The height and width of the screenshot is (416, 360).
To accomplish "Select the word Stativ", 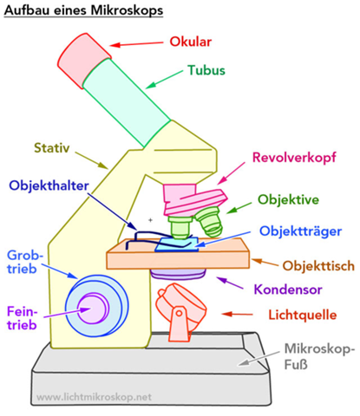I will point(53,148).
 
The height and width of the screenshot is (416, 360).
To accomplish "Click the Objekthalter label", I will point(52,185).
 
